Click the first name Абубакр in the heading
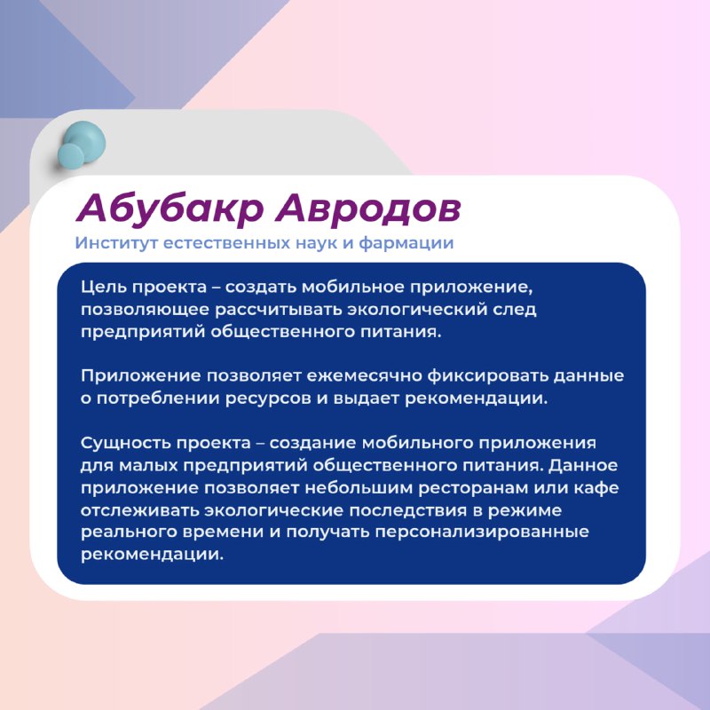tap(170, 209)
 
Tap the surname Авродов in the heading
tap(368, 209)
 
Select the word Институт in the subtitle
tap(116, 242)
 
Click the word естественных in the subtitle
tap(227, 242)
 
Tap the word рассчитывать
tap(278, 310)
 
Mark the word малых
tap(147, 465)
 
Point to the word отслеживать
tap(139, 510)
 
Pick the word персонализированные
tap(482, 532)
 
